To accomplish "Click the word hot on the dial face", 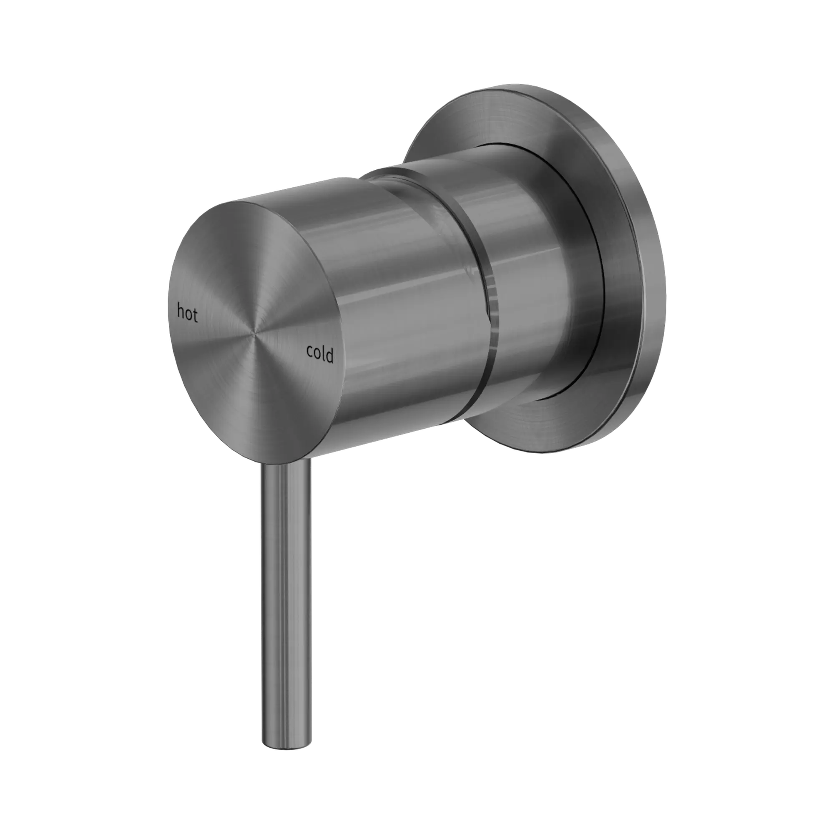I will click(187, 313).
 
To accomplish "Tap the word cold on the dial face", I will click(319, 354).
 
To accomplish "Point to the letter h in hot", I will click(181, 311).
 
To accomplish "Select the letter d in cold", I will click(330, 356).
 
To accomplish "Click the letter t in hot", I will click(195, 316).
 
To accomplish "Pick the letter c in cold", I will click(309, 352).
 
